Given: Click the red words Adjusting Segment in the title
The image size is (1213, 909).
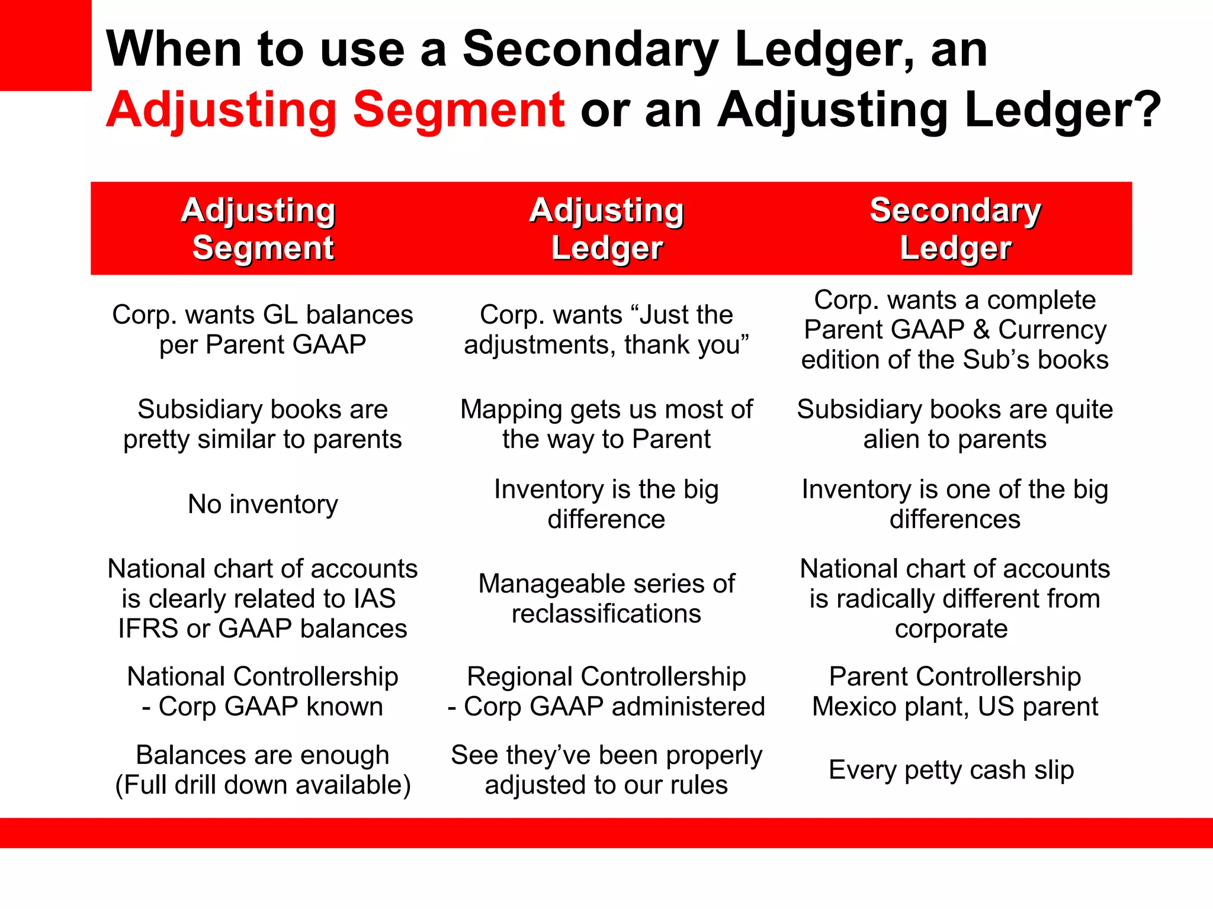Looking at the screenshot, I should [335, 110].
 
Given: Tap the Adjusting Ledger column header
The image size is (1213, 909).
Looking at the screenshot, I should [606, 228].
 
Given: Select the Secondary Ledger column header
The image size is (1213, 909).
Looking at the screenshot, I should [955, 228].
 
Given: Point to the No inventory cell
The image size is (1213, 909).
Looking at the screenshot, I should [262, 504].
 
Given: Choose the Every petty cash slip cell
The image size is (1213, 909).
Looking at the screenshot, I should [951, 770].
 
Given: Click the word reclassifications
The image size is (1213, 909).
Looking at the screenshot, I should [606, 614].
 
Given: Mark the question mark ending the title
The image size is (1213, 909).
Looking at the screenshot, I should [1149, 110].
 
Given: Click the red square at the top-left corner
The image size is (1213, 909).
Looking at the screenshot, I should [46, 45].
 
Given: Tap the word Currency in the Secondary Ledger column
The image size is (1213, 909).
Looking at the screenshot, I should [1052, 330].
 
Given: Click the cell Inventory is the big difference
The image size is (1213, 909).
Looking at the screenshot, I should [606, 504].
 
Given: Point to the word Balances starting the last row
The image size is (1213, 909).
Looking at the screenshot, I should [180, 755].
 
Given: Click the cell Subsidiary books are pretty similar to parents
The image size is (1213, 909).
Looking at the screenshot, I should [262, 424].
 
